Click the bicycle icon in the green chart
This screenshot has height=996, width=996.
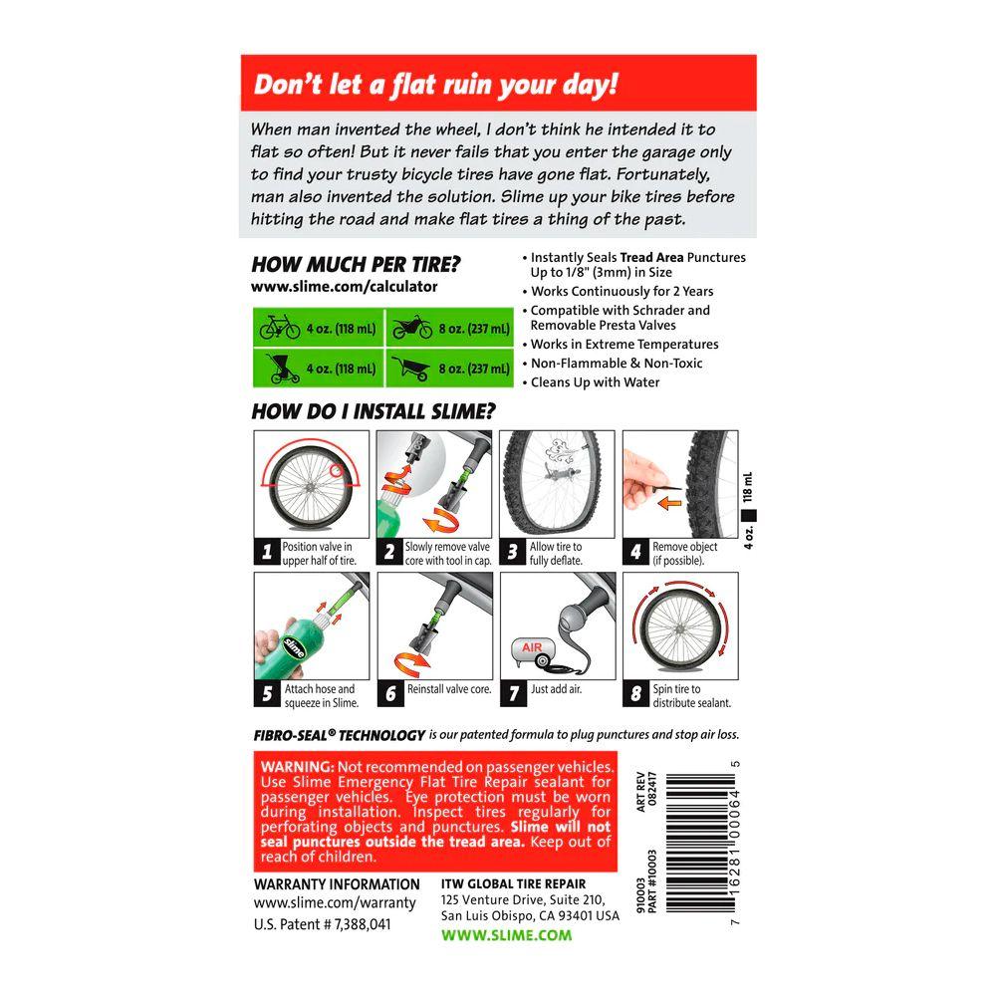pos(280,327)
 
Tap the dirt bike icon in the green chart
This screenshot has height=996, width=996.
pos(412,328)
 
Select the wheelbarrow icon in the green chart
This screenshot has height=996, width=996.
pos(411,368)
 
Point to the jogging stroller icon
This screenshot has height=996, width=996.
pos(282,368)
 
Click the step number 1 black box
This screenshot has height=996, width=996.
pos(267,552)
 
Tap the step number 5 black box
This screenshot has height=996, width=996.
pos(267,693)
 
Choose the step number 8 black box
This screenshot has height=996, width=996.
pos(635,693)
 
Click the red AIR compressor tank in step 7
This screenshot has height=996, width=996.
pos(532,650)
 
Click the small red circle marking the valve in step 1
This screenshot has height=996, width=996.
pos(336,471)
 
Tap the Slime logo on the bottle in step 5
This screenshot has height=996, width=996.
pos(294,647)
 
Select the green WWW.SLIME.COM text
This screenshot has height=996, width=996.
pos(506,935)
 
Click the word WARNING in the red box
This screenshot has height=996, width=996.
pos(297,767)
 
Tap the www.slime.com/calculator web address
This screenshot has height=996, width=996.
pos(345,287)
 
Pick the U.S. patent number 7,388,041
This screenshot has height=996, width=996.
pos(322,924)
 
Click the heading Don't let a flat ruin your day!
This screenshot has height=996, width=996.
pos(436,85)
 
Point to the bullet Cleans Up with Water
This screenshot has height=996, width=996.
pos(592,382)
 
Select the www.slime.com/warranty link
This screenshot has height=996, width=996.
pos(335,902)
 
